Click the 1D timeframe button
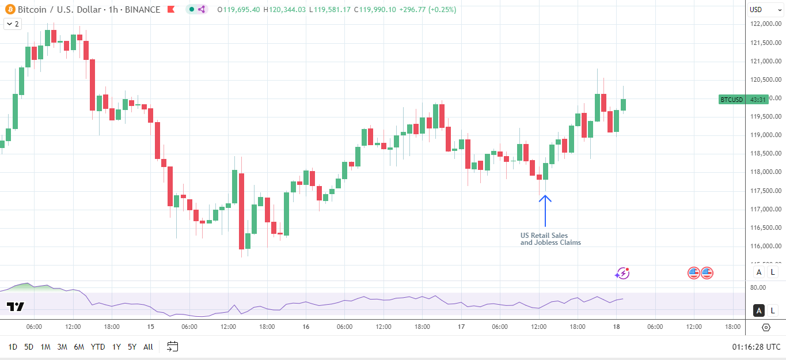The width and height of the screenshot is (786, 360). click(x=13, y=347)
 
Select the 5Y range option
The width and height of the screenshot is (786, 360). click(x=132, y=347)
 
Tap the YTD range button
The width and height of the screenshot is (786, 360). click(x=98, y=347)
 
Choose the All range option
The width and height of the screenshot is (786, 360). click(x=148, y=347)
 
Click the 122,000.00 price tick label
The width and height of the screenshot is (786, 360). click(x=765, y=24)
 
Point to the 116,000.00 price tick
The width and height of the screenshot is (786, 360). click(x=765, y=246)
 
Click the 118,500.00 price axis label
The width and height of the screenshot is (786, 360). click(x=765, y=154)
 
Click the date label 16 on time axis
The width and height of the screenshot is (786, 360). click(x=306, y=327)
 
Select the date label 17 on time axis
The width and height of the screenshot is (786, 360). click(x=461, y=327)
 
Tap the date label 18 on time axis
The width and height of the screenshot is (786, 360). click(x=616, y=327)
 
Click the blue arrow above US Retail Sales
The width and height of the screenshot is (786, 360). click(x=545, y=211)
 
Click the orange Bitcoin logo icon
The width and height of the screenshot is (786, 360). click(x=9, y=9)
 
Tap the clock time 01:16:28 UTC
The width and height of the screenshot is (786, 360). click(x=756, y=347)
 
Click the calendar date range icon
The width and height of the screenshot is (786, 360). click(x=173, y=347)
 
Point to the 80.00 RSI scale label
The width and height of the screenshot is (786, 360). click(x=758, y=287)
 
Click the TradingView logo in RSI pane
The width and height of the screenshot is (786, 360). click(x=16, y=306)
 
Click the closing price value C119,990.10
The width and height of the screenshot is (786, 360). click(x=378, y=9)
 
